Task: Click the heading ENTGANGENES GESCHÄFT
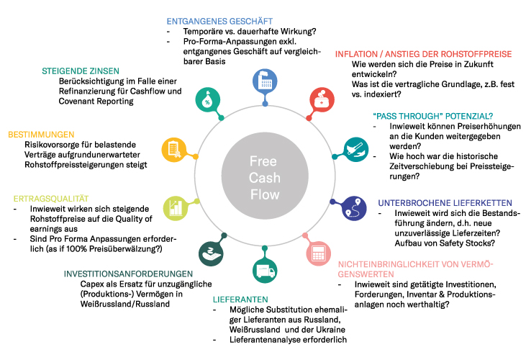pyautogui.click(x=214, y=21)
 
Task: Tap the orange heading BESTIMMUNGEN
pyautogui.click(x=42, y=134)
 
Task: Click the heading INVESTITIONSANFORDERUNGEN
pyautogui.click(x=129, y=274)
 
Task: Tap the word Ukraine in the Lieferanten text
pyautogui.click(x=332, y=329)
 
